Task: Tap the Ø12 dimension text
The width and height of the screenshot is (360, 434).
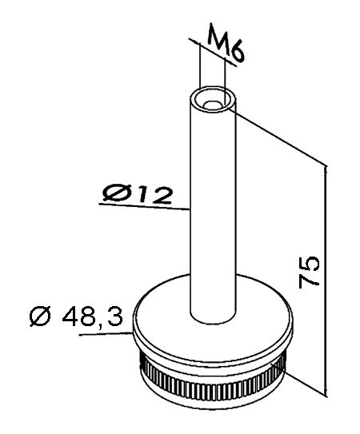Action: tap(137, 194)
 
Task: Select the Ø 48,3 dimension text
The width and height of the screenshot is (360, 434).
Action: tap(76, 315)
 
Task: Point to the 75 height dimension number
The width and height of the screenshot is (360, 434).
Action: tap(309, 273)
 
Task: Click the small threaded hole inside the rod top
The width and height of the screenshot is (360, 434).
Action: tap(212, 106)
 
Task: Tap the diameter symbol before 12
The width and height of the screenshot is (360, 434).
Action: tap(114, 193)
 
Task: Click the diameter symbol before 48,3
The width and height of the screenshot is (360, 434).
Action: tap(41, 316)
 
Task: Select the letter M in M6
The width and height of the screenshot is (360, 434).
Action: tap(218, 35)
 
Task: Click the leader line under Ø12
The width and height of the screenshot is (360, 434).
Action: tap(144, 206)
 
